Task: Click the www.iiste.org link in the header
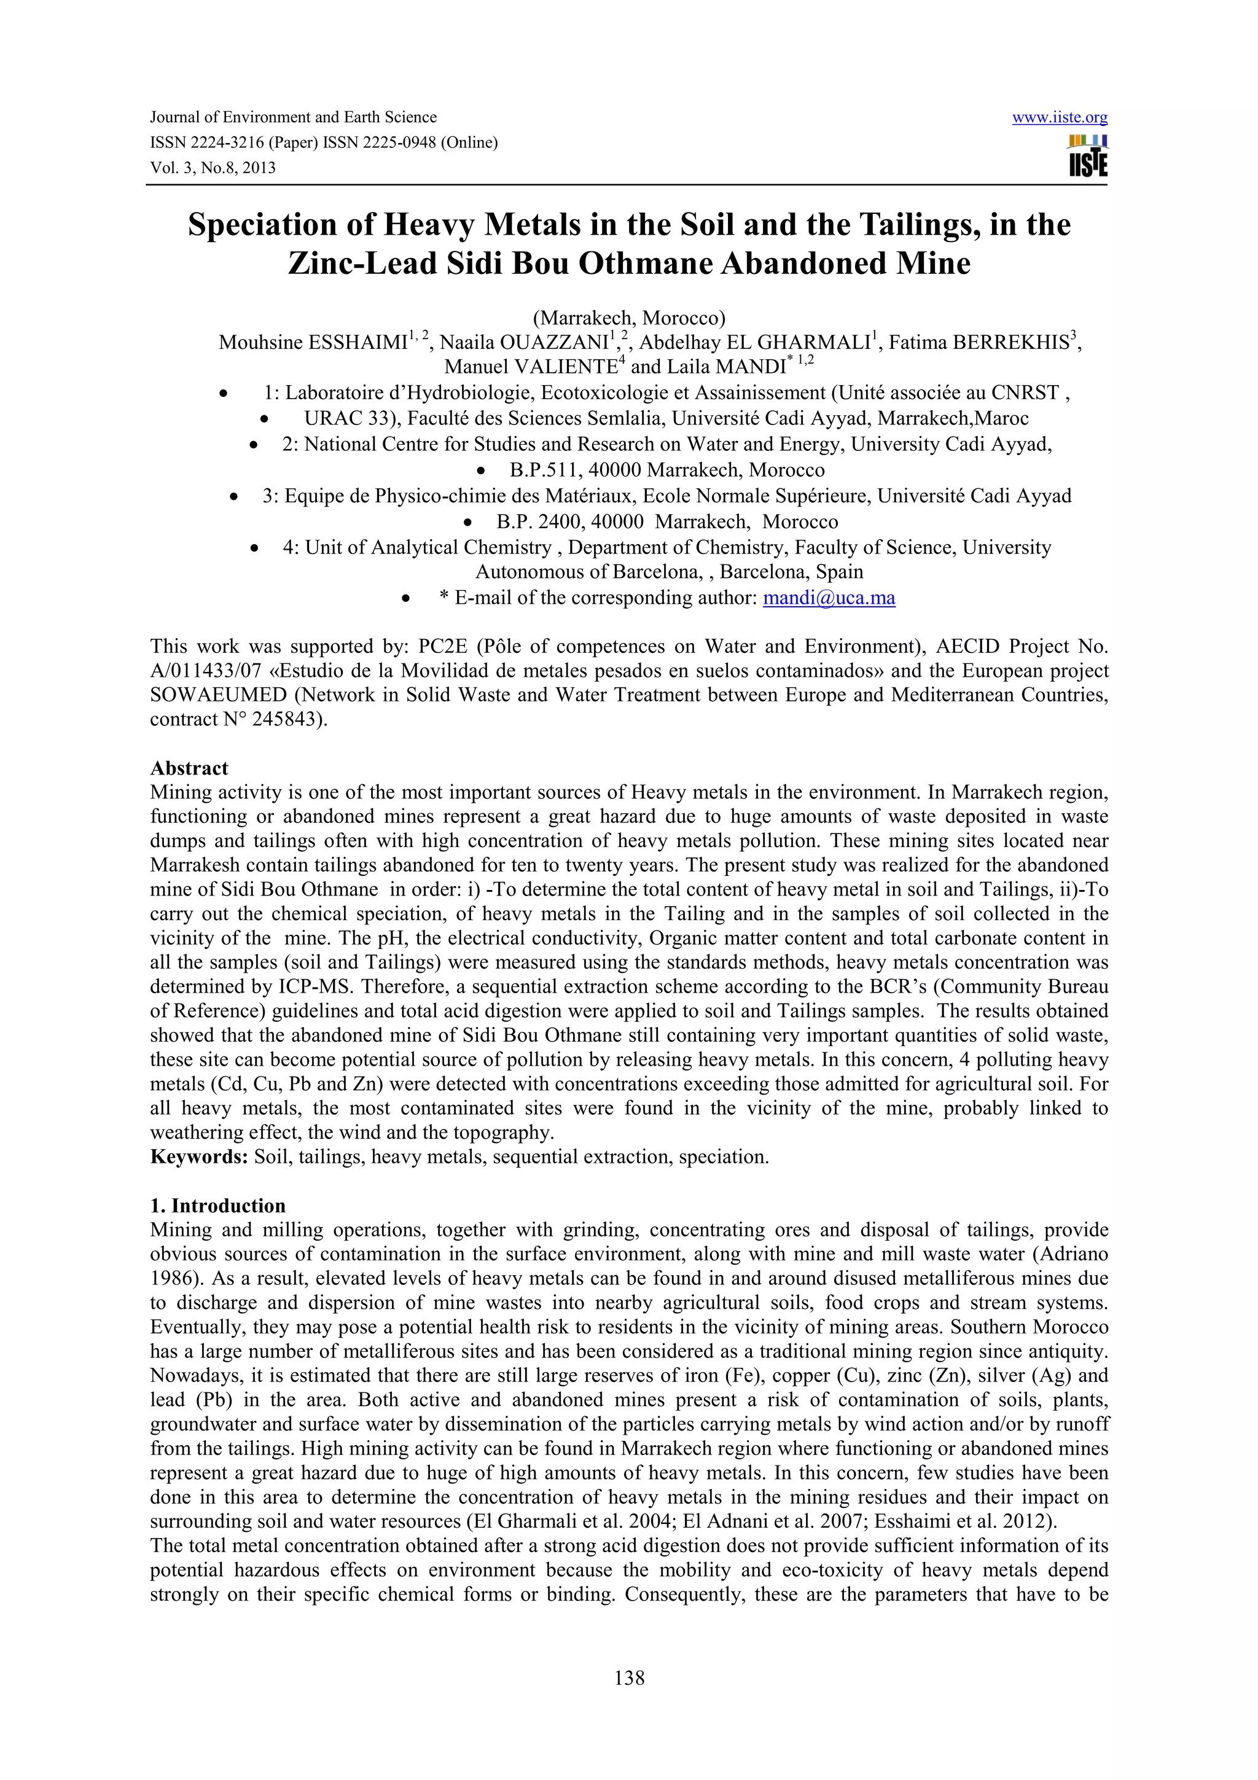click(1059, 117)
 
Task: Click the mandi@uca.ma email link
click(829, 598)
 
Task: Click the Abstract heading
click(189, 768)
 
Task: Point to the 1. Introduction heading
click(218, 1206)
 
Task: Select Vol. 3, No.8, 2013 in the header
click(213, 168)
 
